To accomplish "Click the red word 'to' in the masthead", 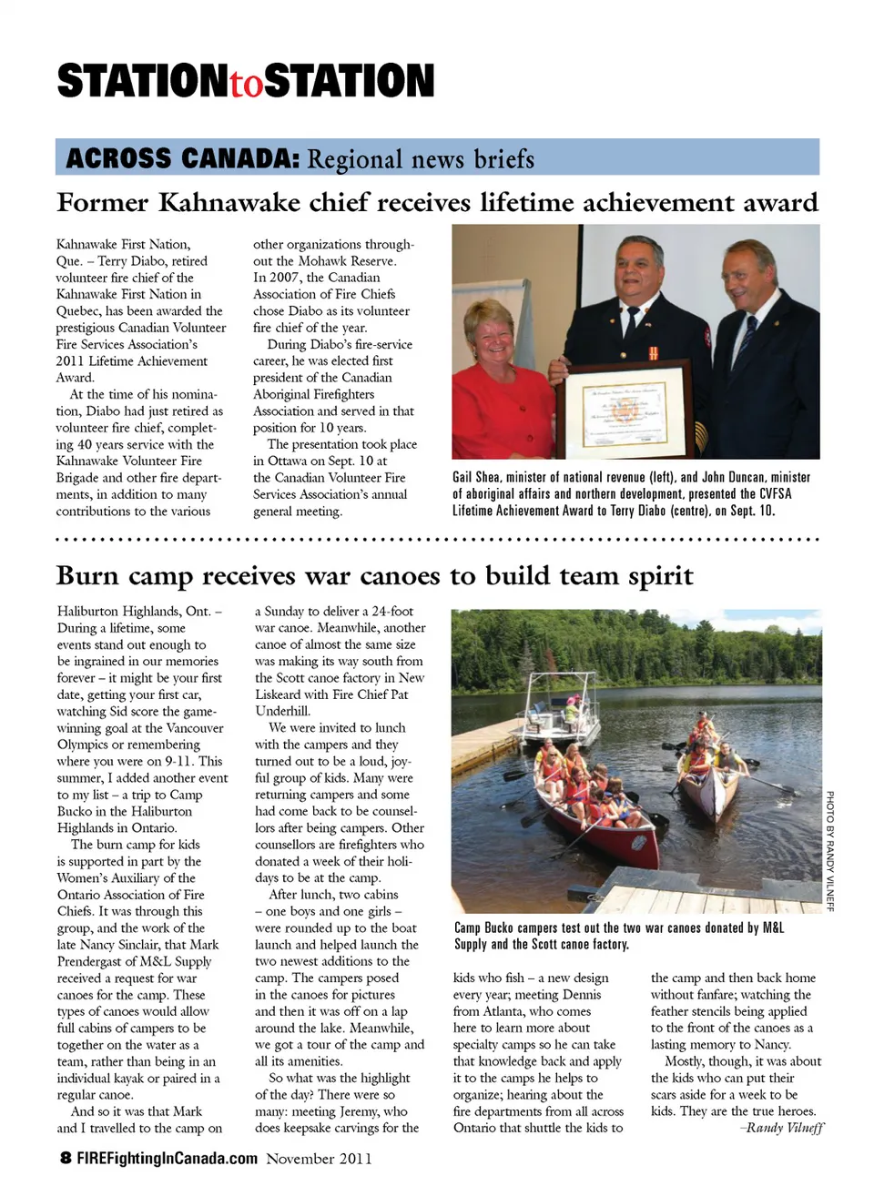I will (245, 85).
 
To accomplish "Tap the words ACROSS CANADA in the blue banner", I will (182, 158).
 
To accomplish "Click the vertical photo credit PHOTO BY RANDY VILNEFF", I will (829, 850).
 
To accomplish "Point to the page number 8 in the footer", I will (66, 1158).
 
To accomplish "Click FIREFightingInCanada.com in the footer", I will (167, 1158).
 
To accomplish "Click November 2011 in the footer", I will (319, 1158).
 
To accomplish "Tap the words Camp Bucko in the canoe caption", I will (484, 928).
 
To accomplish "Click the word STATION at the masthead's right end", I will (350, 81).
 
